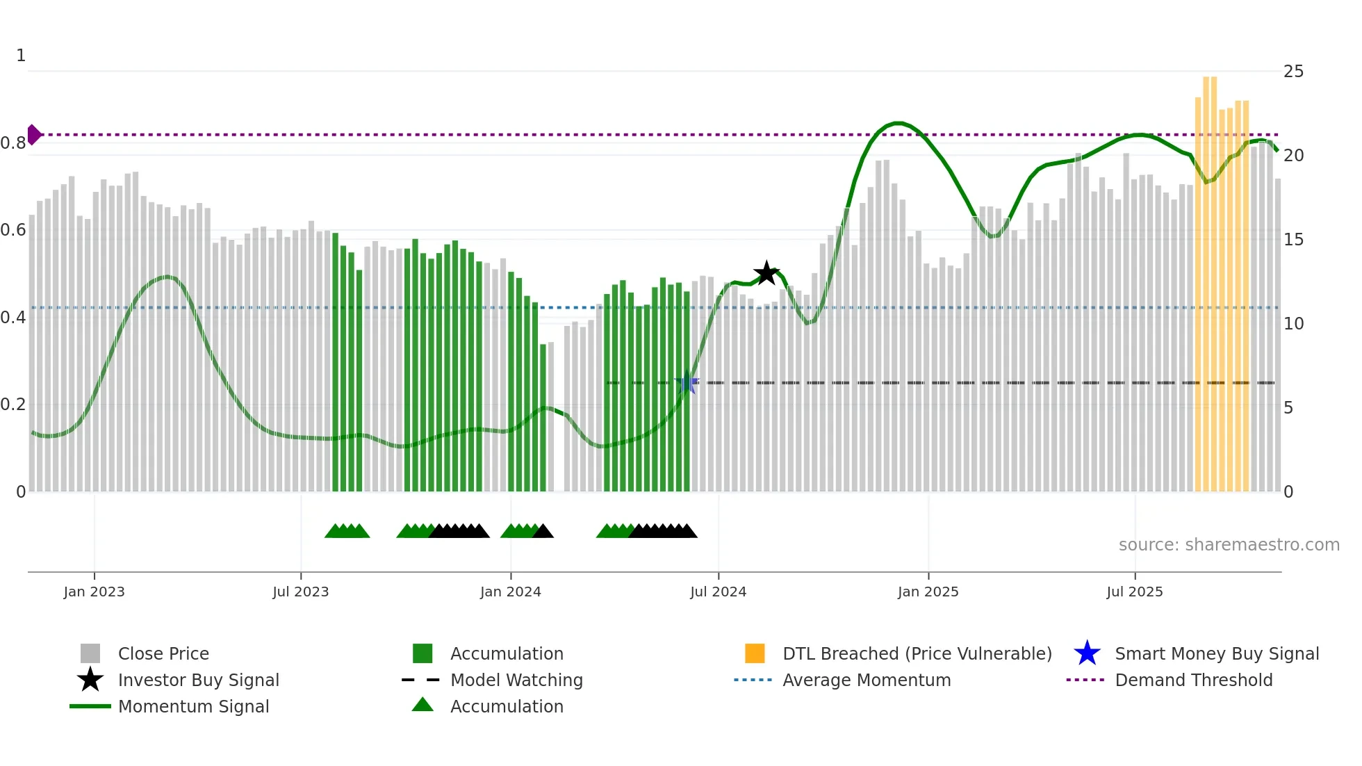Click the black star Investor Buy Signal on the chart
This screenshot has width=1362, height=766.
click(766, 273)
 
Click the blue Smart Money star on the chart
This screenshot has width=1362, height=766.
click(687, 383)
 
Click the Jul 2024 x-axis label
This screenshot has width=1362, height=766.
click(718, 592)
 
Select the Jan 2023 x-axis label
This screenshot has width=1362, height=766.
click(94, 592)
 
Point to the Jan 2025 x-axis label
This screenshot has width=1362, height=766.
click(928, 592)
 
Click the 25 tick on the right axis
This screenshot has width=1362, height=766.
click(1293, 72)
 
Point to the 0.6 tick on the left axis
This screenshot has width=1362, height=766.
click(13, 230)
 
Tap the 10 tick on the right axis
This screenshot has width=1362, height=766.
click(1293, 324)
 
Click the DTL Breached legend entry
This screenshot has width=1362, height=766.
click(917, 653)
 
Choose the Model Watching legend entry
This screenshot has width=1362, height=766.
click(516, 680)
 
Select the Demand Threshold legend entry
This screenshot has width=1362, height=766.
click(1193, 680)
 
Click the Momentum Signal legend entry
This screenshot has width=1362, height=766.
click(193, 706)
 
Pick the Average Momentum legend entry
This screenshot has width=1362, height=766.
click(866, 680)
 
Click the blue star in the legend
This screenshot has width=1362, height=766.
click(1087, 653)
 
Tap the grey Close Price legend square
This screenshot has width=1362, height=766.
click(90, 653)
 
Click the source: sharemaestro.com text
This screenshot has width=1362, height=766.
click(1229, 545)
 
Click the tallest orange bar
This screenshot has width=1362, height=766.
click(1210, 278)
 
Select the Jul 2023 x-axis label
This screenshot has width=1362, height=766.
click(300, 592)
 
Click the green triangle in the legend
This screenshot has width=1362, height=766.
click(422, 706)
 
